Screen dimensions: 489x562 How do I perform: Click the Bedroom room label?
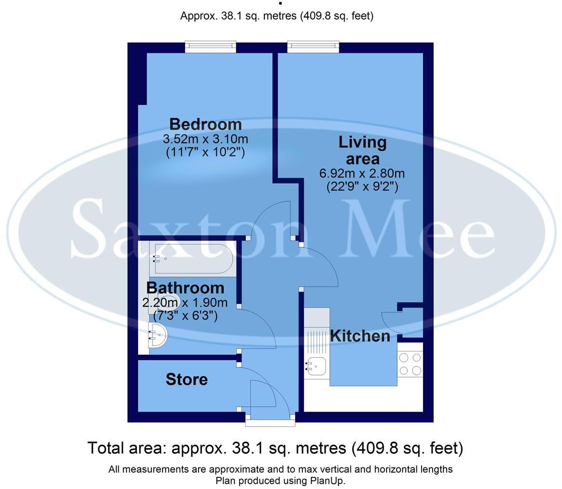[205, 124]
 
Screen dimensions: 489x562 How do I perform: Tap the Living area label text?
[362, 150]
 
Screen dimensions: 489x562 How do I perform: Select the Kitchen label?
[360, 336]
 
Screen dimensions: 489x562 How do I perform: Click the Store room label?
[187, 379]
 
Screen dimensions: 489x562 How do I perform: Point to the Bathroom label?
[185, 288]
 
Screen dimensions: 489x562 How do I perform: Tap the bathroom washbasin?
[158, 334]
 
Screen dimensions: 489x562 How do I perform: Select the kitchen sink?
[316, 366]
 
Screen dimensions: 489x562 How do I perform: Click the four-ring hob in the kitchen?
[410, 364]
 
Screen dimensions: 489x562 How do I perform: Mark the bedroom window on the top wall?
[211, 47]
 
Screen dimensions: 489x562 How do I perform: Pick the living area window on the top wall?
[313, 47]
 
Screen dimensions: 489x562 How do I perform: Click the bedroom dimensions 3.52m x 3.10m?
[205, 139]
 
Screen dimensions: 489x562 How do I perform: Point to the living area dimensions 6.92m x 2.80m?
[362, 173]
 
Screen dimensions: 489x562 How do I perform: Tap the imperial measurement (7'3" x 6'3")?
[185, 316]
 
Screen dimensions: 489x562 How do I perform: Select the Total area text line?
[275, 448]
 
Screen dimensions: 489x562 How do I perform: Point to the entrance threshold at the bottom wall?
[270, 422]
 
